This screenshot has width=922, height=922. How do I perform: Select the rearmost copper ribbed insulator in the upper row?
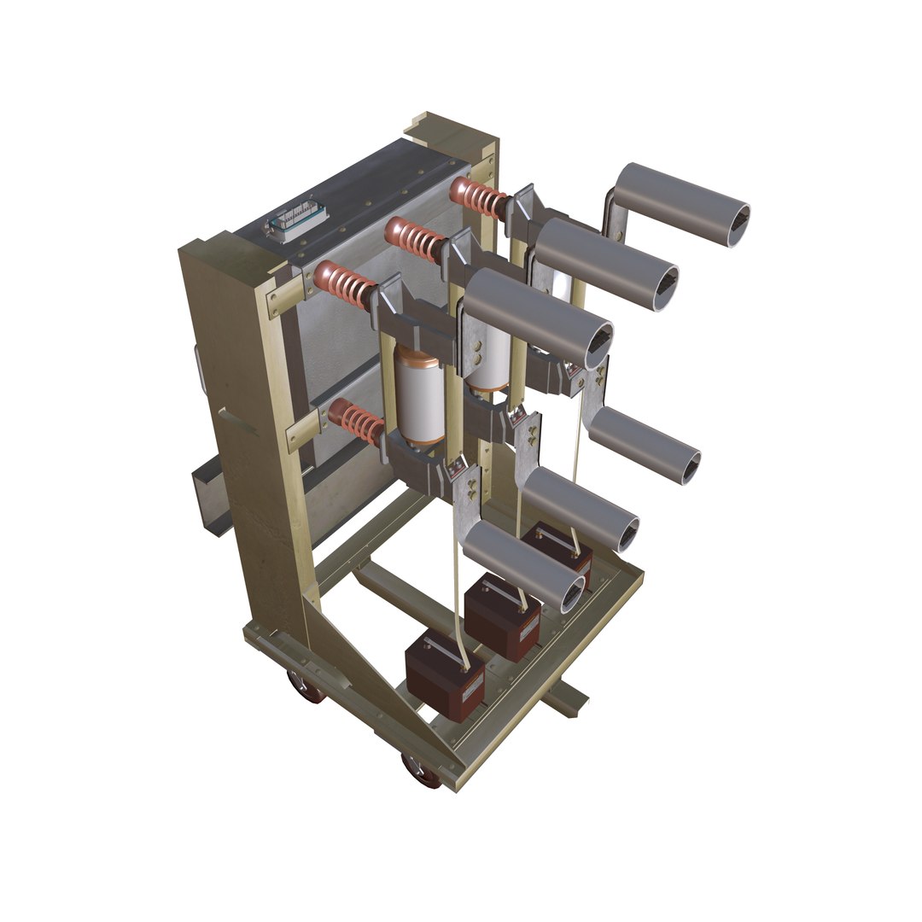[x=480, y=197]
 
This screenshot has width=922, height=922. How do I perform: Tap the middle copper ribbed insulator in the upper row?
[x=415, y=239]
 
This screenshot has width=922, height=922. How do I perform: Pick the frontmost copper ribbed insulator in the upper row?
[x=344, y=285]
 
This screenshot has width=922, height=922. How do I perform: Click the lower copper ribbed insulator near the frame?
[x=356, y=420]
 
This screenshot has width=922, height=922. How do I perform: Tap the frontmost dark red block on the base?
[x=444, y=675]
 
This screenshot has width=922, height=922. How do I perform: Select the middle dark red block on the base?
[x=501, y=616]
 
